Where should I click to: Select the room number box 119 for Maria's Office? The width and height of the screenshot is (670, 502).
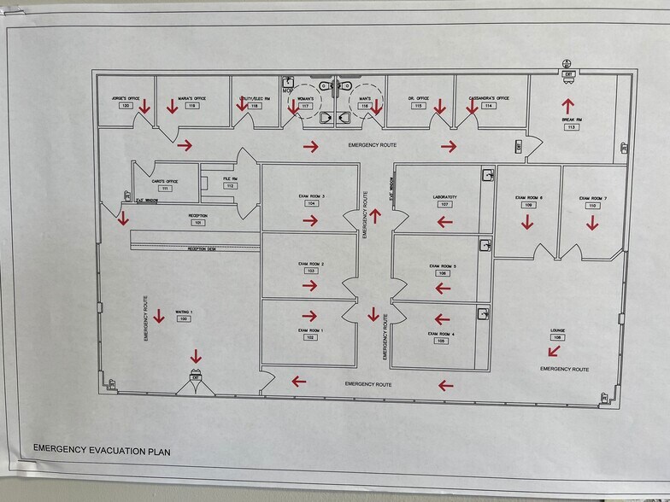(x=192, y=106)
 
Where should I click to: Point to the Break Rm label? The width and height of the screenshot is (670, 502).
(x=571, y=119)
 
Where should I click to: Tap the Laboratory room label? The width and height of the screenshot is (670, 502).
(x=444, y=197)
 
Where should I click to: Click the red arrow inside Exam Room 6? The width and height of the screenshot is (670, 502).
(x=527, y=222)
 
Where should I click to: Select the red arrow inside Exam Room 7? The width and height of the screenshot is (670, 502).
(x=592, y=222)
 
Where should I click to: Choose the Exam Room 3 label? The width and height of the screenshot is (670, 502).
(x=311, y=197)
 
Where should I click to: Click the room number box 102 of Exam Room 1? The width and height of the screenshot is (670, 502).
(x=311, y=338)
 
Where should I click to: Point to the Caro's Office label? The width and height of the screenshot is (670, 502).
(x=164, y=181)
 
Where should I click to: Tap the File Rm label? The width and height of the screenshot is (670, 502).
(x=230, y=178)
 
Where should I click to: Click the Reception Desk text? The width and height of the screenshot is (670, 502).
(x=204, y=248)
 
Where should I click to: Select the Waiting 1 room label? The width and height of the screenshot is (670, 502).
(x=184, y=312)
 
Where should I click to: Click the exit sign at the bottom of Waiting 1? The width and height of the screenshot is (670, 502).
(x=196, y=376)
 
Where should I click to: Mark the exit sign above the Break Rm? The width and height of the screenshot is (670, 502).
(x=568, y=75)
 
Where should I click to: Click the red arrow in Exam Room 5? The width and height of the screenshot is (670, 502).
(x=443, y=288)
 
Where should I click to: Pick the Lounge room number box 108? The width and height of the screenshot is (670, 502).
(x=558, y=338)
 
